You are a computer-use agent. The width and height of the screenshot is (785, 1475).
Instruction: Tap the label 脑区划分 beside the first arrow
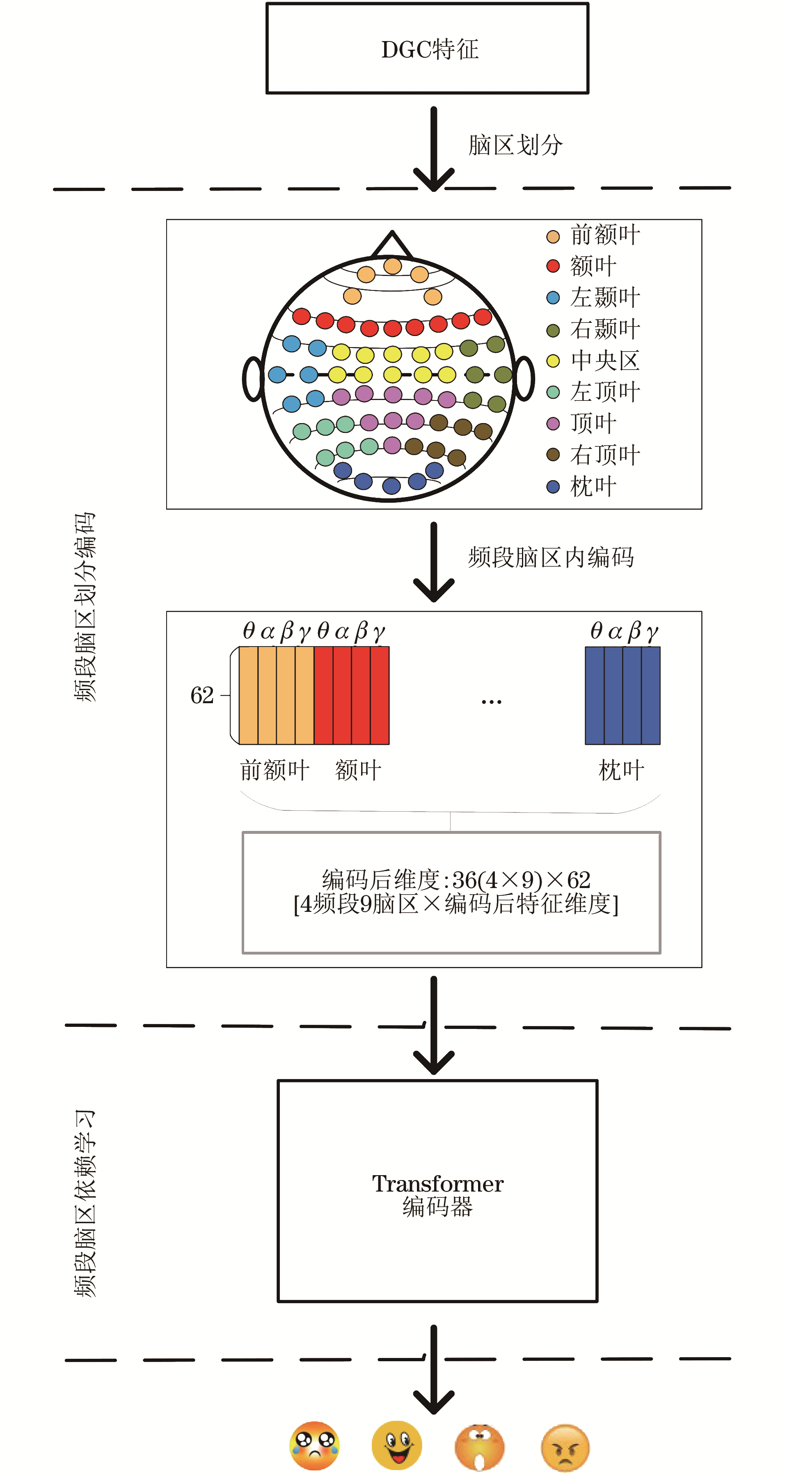point(515,145)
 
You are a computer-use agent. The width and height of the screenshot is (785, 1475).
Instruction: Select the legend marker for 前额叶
point(553,237)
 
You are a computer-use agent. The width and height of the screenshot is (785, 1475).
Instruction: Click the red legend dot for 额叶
point(553,266)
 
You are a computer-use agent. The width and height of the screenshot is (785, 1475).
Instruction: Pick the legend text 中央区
point(605,360)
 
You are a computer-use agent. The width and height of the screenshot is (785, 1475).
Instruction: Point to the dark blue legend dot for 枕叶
point(553,487)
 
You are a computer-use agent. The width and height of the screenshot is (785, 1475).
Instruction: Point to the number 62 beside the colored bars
point(202,695)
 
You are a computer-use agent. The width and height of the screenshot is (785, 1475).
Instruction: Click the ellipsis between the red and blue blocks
point(492,702)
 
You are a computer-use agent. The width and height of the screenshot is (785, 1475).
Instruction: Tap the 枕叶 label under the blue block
point(621,770)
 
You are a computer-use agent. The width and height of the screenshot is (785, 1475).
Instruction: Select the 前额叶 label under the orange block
point(275,770)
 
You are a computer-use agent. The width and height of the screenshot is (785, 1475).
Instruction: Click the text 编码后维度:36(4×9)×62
point(456,879)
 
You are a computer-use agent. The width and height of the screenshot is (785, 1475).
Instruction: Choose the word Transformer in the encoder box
point(438,1183)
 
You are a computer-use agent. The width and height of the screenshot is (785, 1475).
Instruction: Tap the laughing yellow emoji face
point(396,1445)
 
